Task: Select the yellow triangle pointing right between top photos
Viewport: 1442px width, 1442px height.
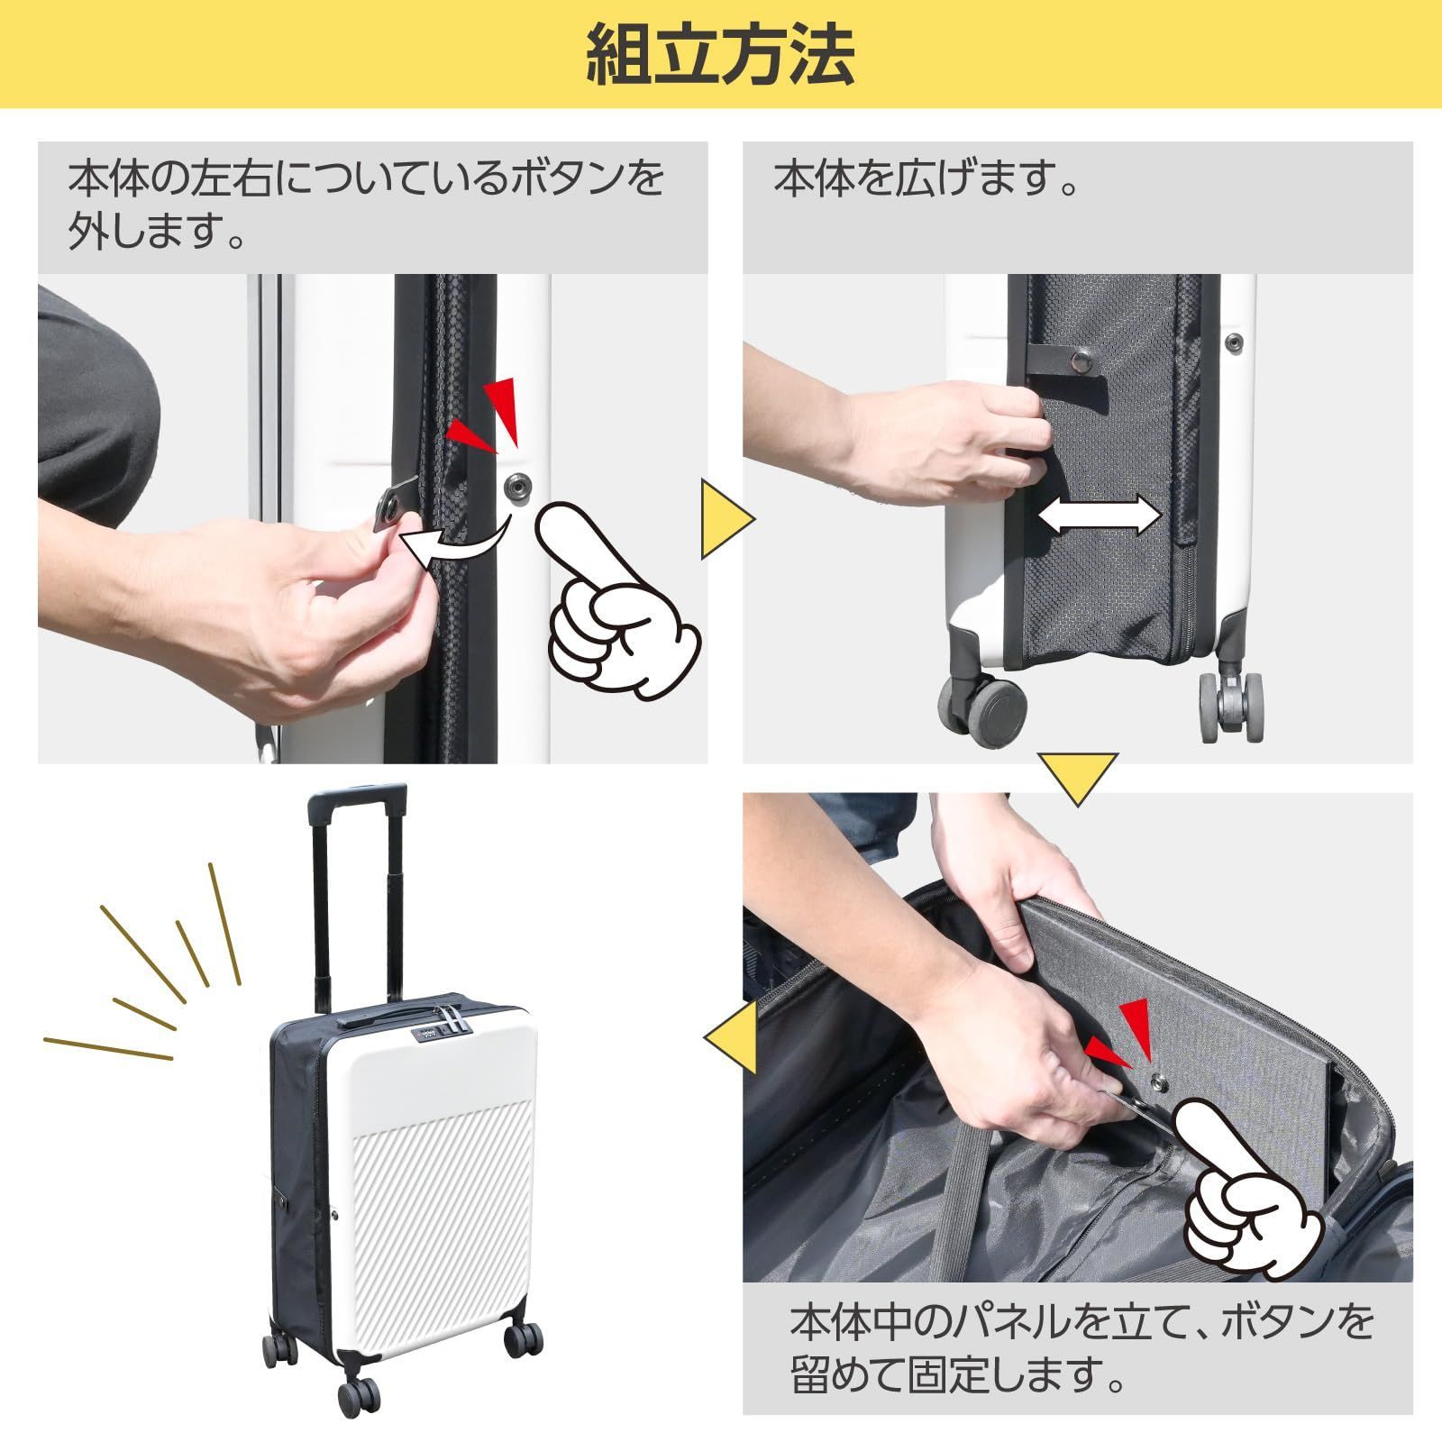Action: tap(726, 520)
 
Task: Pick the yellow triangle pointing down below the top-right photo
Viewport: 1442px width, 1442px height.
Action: tap(1077, 778)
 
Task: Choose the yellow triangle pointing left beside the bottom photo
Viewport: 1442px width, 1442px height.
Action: tap(731, 1039)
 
